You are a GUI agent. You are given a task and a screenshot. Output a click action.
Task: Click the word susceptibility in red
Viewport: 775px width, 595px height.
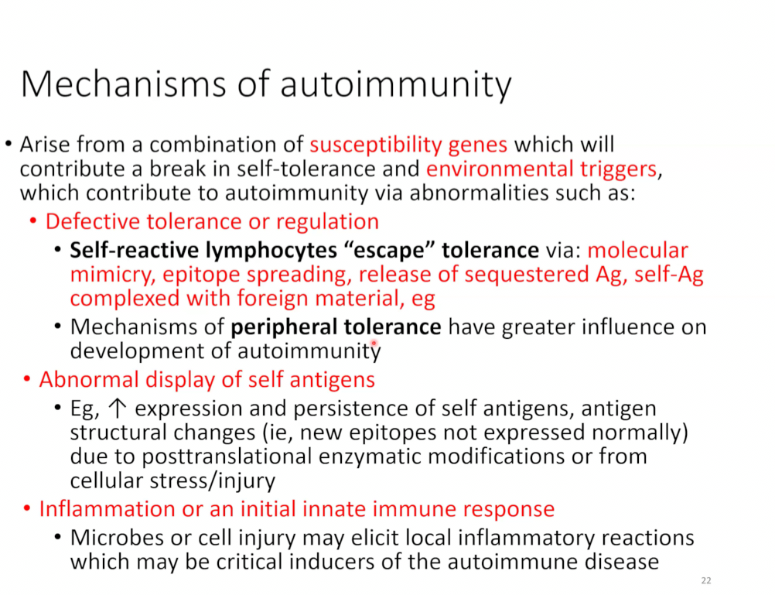click(376, 145)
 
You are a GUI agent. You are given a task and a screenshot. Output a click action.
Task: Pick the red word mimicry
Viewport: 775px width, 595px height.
click(113, 275)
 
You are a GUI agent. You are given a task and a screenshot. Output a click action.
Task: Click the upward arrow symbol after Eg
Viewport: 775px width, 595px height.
click(117, 409)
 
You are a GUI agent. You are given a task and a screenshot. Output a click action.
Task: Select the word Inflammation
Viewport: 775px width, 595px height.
click(107, 509)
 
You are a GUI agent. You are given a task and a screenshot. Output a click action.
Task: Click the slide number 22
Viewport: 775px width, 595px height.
click(706, 580)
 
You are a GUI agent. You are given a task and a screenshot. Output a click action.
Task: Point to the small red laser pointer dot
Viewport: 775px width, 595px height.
click(374, 342)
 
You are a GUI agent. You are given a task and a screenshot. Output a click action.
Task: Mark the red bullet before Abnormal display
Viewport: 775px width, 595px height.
click(27, 380)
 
